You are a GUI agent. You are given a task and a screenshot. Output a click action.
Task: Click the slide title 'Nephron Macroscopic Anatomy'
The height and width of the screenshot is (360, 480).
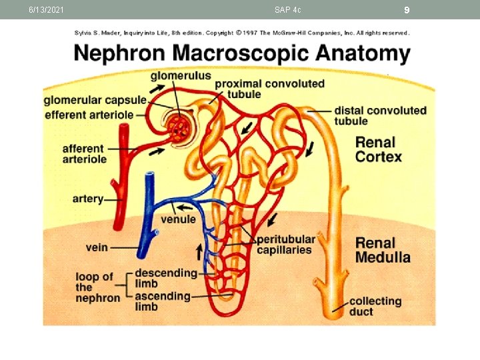pos(241,53)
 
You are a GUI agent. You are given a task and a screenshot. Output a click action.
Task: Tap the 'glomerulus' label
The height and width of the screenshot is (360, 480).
pos(180,75)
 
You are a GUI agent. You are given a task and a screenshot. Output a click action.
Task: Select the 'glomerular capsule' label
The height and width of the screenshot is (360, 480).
pos(95,101)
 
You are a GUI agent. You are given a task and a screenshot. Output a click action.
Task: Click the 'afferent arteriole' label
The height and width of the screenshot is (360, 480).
pos(84,154)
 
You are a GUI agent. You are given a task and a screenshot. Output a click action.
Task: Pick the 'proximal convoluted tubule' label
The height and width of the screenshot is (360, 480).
pos(269,89)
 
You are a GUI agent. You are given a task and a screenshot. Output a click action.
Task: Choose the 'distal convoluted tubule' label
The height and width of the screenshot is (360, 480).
pos(380,115)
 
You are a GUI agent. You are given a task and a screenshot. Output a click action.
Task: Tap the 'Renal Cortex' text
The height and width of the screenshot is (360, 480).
pos(378,149)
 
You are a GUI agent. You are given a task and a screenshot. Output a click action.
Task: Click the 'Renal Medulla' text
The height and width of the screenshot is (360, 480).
pos(382,250)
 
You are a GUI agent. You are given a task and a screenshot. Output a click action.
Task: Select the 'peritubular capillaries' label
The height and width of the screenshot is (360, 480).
pos(285,244)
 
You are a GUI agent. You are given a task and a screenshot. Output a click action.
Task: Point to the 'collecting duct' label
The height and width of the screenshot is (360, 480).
pos(375,306)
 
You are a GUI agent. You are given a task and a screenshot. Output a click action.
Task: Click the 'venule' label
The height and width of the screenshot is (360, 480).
pos(178,219)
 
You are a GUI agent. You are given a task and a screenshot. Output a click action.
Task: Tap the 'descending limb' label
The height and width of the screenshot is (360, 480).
pos(166,278)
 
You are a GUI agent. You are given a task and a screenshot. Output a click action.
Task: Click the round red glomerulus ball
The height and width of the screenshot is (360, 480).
pos(179,126)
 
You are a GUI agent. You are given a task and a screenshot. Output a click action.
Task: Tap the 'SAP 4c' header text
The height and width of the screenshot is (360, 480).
pos(287,9)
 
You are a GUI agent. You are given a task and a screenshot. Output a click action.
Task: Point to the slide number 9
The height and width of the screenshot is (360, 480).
pos(406,9)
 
